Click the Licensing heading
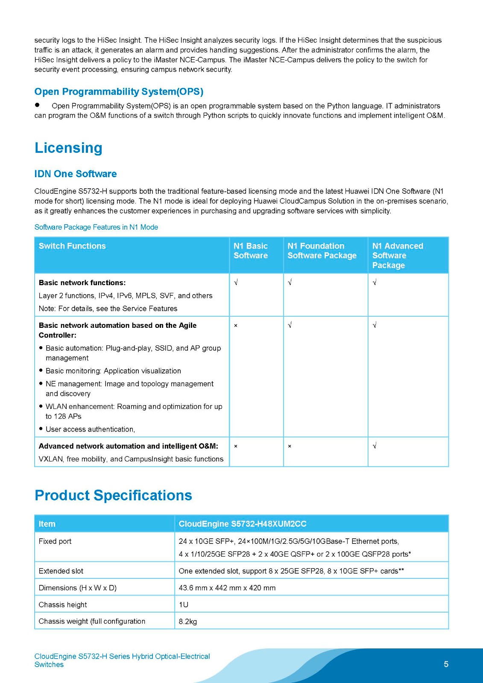coord(68,148)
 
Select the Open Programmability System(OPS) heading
coord(119,92)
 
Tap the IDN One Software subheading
coord(76,174)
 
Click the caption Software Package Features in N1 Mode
coord(96,227)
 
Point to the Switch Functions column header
coord(72,246)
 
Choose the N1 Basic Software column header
coord(251,251)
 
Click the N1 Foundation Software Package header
coord(322,251)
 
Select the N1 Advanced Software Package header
coord(398,255)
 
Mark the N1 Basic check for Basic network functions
coord(236,283)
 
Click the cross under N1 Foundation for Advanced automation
coord(290,446)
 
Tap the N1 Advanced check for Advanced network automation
coord(375,446)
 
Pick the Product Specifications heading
coord(113,495)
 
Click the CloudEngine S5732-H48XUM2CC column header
coord(243,524)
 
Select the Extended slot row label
coord(61,571)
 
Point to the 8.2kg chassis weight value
coord(188,622)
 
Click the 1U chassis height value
coord(184,604)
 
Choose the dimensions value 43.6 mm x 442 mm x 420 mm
coord(227,588)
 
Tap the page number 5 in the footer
coord(446,664)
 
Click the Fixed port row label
coord(55,541)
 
